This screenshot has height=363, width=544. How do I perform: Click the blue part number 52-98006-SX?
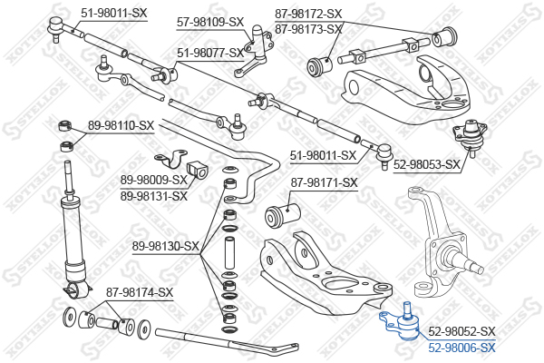pyautogui.click(x=461, y=347)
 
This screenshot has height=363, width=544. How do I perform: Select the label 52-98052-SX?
pyautogui.click(x=461, y=331)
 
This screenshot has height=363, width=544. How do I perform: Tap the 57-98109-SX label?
pyautogui.click(x=210, y=22)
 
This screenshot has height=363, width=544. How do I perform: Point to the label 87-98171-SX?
pyautogui.click(x=324, y=182)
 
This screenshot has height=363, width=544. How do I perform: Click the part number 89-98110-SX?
pyautogui.click(x=121, y=125)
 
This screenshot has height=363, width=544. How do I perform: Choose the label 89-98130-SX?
pyautogui.click(x=166, y=247)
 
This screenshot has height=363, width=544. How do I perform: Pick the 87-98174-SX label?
pyautogui.click(x=140, y=292)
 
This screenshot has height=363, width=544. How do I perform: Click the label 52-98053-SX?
pyautogui.click(x=426, y=164)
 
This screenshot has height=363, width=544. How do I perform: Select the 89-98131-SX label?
pyautogui.click(x=154, y=196)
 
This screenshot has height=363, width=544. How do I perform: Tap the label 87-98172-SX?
pyautogui.click(x=308, y=14)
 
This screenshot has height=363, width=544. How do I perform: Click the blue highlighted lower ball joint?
pyautogui.click(x=403, y=322)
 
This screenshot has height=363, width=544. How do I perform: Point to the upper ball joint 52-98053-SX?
pyautogui.click(x=470, y=135)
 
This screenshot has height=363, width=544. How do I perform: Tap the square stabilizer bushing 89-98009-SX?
pyautogui.click(x=197, y=169)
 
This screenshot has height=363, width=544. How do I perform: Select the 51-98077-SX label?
pyautogui.click(x=210, y=54)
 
